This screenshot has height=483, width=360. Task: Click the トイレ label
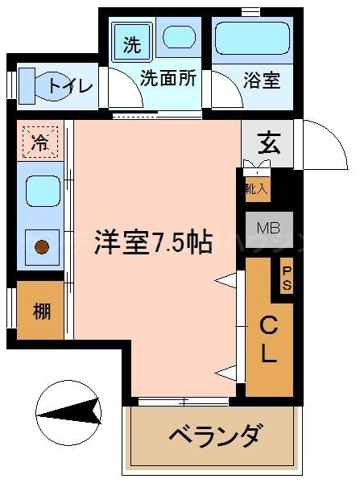point(71,85)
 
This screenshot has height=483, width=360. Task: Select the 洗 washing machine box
point(131,45)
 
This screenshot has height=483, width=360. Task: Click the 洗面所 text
point(168,80)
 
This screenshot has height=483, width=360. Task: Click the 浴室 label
point(260,80)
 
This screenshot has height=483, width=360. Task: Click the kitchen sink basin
point(39,191)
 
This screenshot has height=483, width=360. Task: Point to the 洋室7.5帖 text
point(152,242)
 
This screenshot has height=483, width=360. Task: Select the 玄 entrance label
point(267,144)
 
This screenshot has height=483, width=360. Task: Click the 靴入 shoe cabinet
point(257,188)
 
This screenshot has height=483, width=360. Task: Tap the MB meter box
point(268,228)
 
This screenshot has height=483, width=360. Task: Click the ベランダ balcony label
point(214,437)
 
